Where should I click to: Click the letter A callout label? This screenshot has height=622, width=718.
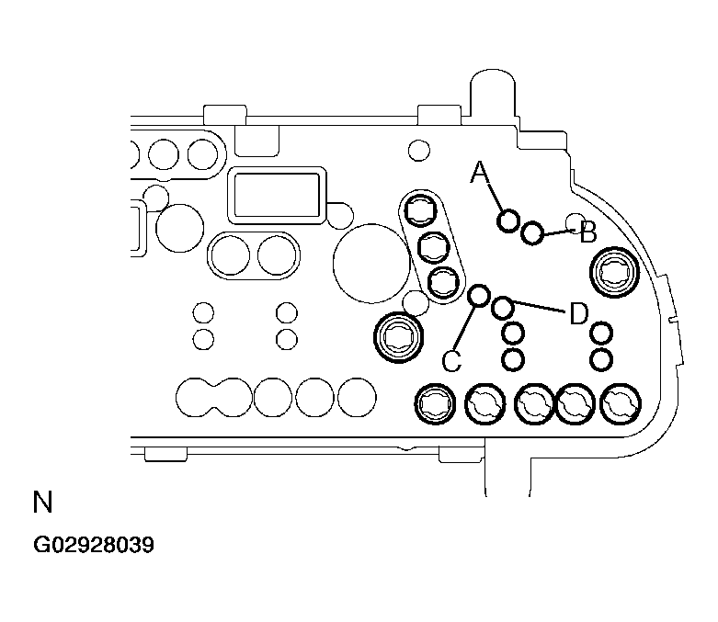point(479,172)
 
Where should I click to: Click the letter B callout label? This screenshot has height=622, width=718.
point(588,232)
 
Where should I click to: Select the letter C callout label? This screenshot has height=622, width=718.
point(452,361)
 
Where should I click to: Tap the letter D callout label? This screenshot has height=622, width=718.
point(579,314)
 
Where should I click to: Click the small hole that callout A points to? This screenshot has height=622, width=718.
point(507,221)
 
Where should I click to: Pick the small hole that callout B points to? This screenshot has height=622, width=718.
point(532,233)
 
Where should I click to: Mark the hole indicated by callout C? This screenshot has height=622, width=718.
point(479,295)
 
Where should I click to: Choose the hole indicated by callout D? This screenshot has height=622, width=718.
point(502,308)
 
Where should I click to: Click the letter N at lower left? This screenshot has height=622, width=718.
point(42,502)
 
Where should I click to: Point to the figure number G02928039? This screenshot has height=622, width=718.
point(94,545)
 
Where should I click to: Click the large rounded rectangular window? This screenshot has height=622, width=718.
point(277,196)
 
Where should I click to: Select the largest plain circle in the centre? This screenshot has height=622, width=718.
point(371,263)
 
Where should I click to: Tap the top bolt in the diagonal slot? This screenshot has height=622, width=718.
point(420,210)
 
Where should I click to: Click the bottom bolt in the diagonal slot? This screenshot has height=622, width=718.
point(443,282)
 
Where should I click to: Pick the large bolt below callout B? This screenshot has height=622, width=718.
point(614,272)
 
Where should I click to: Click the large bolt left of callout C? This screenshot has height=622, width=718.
point(398,337)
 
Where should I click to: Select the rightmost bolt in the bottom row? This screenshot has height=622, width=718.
point(621,404)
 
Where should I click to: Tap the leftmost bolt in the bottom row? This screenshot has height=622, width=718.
point(435,404)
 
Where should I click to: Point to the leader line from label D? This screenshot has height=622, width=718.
point(539,306)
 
